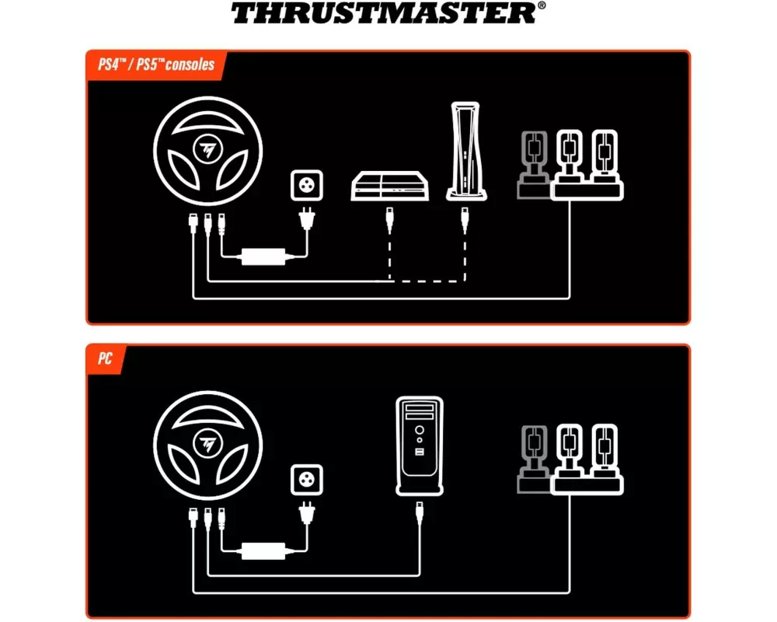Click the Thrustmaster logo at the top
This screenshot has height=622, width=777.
388,13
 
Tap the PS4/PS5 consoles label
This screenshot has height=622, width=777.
156,65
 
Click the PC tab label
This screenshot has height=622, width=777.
105,358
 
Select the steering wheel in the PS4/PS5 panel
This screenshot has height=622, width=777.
207,151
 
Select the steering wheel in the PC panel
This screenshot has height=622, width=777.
207,445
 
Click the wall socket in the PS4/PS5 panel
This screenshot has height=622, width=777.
307,186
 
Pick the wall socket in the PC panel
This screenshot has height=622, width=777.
307,480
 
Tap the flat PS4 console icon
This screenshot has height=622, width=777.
389,186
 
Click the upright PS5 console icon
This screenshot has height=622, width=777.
465,152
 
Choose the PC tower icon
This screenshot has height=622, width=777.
420,446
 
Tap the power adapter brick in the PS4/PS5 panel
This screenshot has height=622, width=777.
263,257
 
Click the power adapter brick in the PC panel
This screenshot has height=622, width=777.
263,550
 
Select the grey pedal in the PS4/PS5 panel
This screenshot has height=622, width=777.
534,165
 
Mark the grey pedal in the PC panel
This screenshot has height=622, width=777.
534,460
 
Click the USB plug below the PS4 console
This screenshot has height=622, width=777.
389,220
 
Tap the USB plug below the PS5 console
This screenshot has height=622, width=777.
465,220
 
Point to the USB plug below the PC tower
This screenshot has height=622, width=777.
420,513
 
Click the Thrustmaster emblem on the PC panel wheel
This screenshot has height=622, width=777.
207,444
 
